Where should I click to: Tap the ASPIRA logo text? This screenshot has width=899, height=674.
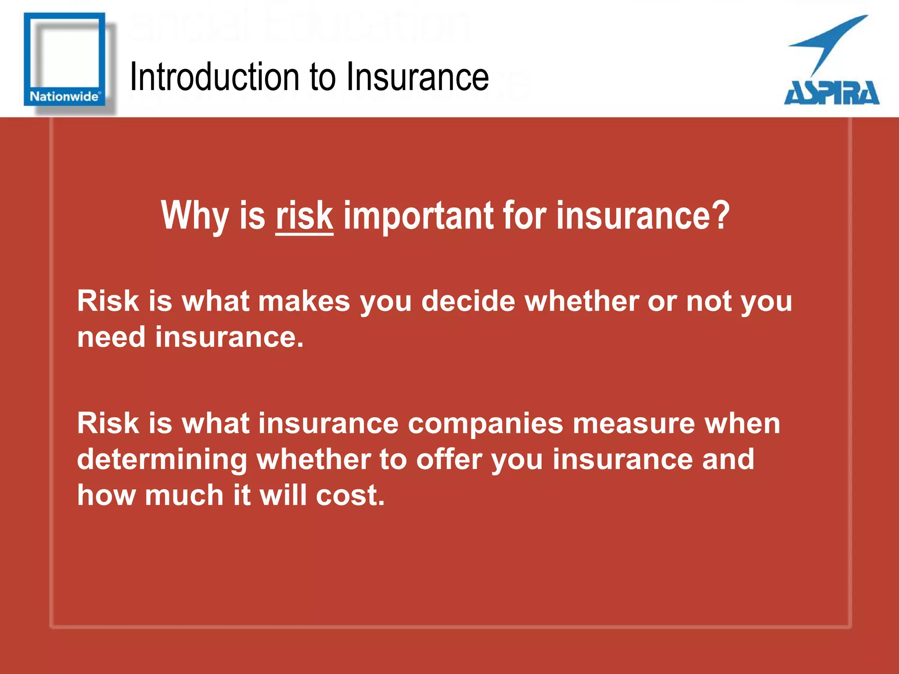[x=831, y=93]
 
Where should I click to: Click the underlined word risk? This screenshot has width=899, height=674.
[x=304, y=216]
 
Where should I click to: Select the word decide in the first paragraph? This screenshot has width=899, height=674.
[x=468, y=302]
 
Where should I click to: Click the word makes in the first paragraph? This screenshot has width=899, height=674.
[x=304, y=302]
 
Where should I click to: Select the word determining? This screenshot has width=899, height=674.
[x=162, y=460]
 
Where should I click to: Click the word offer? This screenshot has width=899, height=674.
[x=449, y=460]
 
